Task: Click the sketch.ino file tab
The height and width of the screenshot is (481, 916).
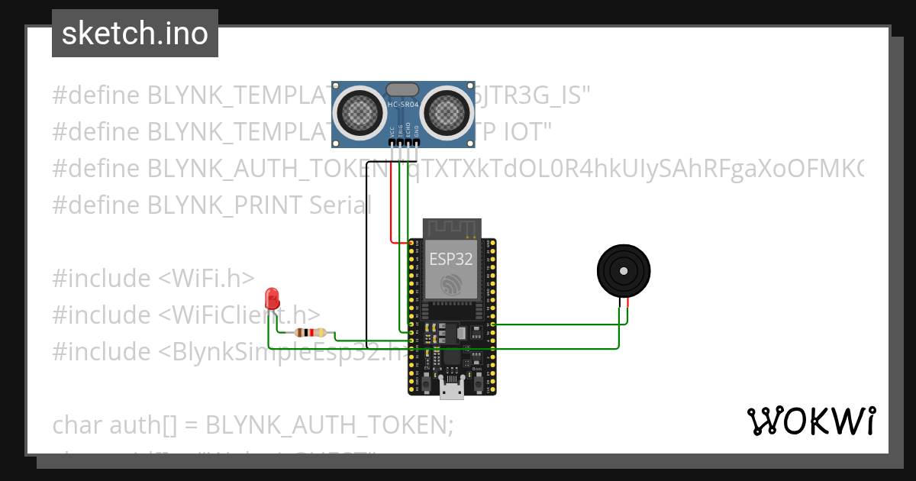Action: [x=135, y=34]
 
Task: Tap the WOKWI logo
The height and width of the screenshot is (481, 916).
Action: [x=811, y=421]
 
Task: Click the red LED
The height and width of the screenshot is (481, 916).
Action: [x=271, y=299]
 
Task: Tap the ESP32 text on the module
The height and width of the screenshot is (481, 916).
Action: [x=450, y=259]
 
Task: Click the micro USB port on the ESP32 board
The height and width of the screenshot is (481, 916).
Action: [x=452, y=390]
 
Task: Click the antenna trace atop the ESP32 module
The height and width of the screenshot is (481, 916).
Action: [x=450, y=228]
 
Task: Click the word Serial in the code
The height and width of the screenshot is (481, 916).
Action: [x=340, y=205]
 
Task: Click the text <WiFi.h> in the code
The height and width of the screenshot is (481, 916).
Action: [x=206, y=279]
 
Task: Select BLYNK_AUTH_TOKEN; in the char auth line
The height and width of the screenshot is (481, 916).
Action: [x=330, y=425]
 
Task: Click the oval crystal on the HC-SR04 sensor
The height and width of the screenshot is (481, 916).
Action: [x=402, y=90]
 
